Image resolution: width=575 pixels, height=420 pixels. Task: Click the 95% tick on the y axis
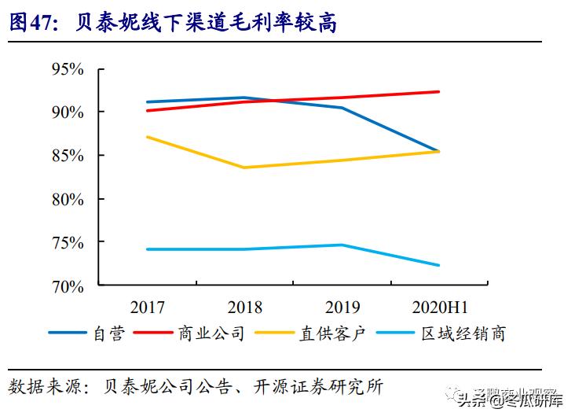point(68,69)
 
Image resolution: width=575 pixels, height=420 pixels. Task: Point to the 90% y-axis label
point(68,112)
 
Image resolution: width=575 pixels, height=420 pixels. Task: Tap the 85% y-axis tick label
point(68,156)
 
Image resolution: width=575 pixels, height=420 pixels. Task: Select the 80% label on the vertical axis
point(68,200)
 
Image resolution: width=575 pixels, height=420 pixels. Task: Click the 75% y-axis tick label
point(68,243)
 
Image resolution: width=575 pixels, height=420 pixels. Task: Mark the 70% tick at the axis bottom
point(68,286)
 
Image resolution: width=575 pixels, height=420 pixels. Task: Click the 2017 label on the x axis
point(147,307)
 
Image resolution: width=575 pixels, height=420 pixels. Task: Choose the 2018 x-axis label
point(244,307)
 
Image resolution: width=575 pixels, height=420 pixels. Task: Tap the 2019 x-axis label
point(342,307)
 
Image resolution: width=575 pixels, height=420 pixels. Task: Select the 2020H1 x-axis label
point(439,307)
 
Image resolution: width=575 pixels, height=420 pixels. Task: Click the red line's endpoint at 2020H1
point(439,92)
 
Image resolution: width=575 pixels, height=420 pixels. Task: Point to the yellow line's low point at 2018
point(244,168)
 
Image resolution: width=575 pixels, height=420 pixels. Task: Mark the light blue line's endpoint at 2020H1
point(439,265)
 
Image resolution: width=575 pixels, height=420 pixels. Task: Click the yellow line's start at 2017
point(147,137)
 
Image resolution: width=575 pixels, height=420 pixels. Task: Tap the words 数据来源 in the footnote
point(38,387)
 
